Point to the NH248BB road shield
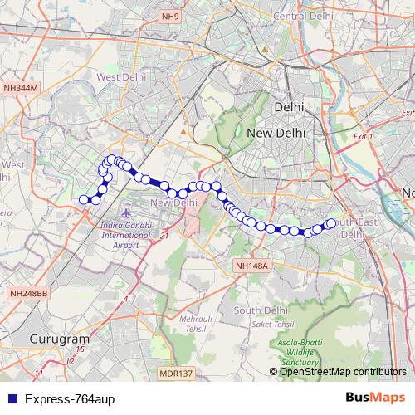point(30,293)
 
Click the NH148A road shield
point(252,266)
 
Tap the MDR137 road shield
point(177,373)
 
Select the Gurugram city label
point(59,339)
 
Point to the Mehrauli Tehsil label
point(198,323)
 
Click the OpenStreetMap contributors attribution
point(342,371)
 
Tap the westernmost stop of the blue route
point(83,199)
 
